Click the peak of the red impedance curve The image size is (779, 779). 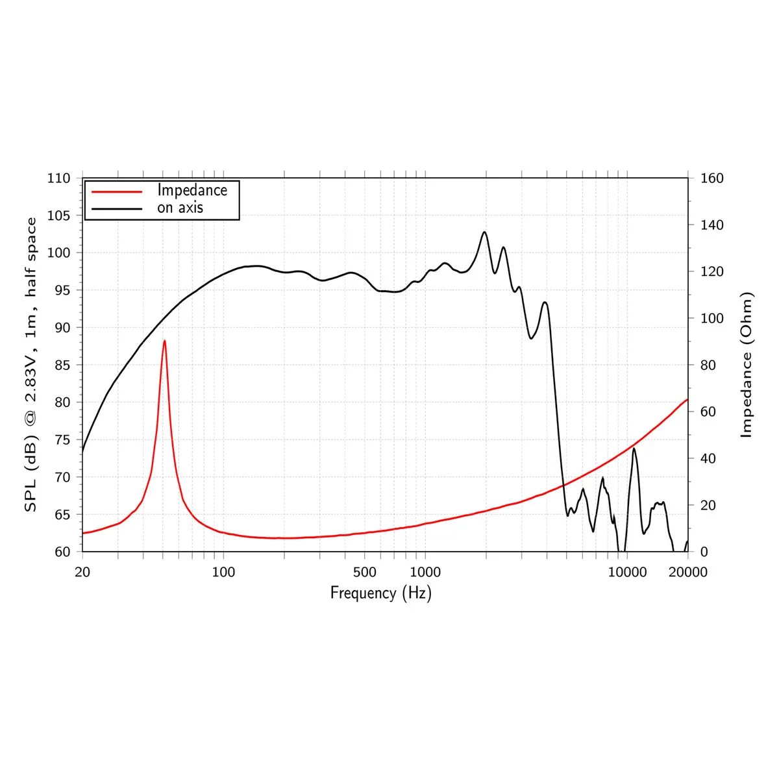[164, 341]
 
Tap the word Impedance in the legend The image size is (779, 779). [192, 190]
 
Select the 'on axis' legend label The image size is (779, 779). [180, 208]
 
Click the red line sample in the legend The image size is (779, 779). [117, 192]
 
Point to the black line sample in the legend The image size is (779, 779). [117, 208]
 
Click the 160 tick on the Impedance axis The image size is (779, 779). [712, 178]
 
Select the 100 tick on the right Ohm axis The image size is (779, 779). [712, 318]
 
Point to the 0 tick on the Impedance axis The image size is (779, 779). [704, 552]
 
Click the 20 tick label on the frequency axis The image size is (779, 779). [82, 572]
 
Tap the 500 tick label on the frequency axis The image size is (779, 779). [364, 572]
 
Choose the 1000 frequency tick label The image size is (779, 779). [425, 572]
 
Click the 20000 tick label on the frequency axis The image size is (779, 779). [687, 572]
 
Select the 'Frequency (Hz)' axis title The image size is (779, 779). [380, 593]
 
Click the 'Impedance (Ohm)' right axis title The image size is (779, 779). [747, 365]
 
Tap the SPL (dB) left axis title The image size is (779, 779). [31, 365]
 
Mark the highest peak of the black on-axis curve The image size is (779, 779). [484, 232]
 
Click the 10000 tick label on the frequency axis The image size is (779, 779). [627, 572]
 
